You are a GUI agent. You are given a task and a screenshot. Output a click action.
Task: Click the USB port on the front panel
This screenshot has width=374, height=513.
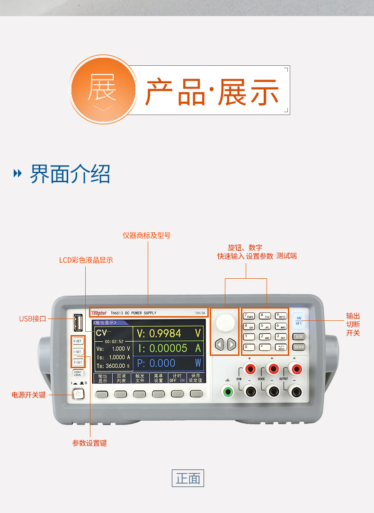pos(78,323)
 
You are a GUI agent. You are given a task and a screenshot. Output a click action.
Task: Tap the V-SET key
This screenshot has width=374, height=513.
pos(77,341)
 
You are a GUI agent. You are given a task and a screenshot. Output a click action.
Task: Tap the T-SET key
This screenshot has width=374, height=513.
pos(77,362)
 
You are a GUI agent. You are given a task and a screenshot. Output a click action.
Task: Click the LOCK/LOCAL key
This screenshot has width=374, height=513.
pos(77,374)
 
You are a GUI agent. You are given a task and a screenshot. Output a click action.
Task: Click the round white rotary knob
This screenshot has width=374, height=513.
pos(225,322)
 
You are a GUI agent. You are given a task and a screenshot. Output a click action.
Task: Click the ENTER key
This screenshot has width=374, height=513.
pos(299,347)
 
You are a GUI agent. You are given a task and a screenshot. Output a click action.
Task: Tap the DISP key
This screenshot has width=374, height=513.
pos(299,336)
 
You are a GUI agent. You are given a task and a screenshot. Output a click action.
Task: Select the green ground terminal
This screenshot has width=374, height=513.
pos(229,391)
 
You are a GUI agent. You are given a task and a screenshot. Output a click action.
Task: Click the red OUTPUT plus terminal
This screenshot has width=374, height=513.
pos(296,369)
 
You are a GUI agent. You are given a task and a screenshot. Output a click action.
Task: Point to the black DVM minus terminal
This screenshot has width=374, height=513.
pos(249,391)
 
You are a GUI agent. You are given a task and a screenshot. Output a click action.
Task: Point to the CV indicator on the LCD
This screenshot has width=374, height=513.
pos(101,333)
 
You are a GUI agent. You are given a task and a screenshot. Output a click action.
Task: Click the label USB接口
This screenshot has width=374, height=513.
pos(32,318)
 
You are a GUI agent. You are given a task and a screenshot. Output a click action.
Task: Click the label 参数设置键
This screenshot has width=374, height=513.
pos(89,443)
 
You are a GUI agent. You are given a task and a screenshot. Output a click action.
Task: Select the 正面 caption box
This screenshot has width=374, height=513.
pos(188,478)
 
